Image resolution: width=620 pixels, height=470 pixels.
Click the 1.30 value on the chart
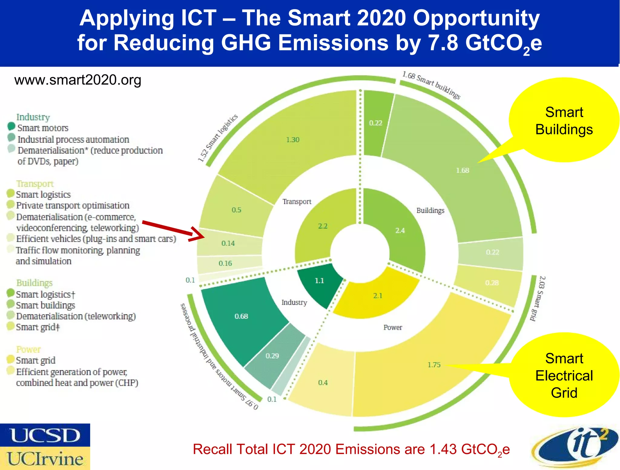(293, 140)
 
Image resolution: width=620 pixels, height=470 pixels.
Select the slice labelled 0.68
(241, 316)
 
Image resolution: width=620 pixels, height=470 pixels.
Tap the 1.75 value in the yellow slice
(434, 365)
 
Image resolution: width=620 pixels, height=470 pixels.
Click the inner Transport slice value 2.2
(323, 226)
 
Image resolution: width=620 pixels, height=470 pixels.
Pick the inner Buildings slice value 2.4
(400, 231)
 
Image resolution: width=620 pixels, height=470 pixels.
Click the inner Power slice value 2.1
(378, 296)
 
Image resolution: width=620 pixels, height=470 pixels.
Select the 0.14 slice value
(228, 243)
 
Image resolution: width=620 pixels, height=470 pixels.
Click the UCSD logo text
(45, 435)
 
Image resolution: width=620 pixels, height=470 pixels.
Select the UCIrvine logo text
(45, 458)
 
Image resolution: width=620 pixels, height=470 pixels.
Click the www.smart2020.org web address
(78, 80)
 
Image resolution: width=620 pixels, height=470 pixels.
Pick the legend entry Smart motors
(43, 128)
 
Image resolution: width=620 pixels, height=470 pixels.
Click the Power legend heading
(28, 349)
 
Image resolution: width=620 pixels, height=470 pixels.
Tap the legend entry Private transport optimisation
(73, 205)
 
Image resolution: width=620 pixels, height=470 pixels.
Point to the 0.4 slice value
(323, 383)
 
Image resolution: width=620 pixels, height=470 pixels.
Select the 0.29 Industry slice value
(272, 356)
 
